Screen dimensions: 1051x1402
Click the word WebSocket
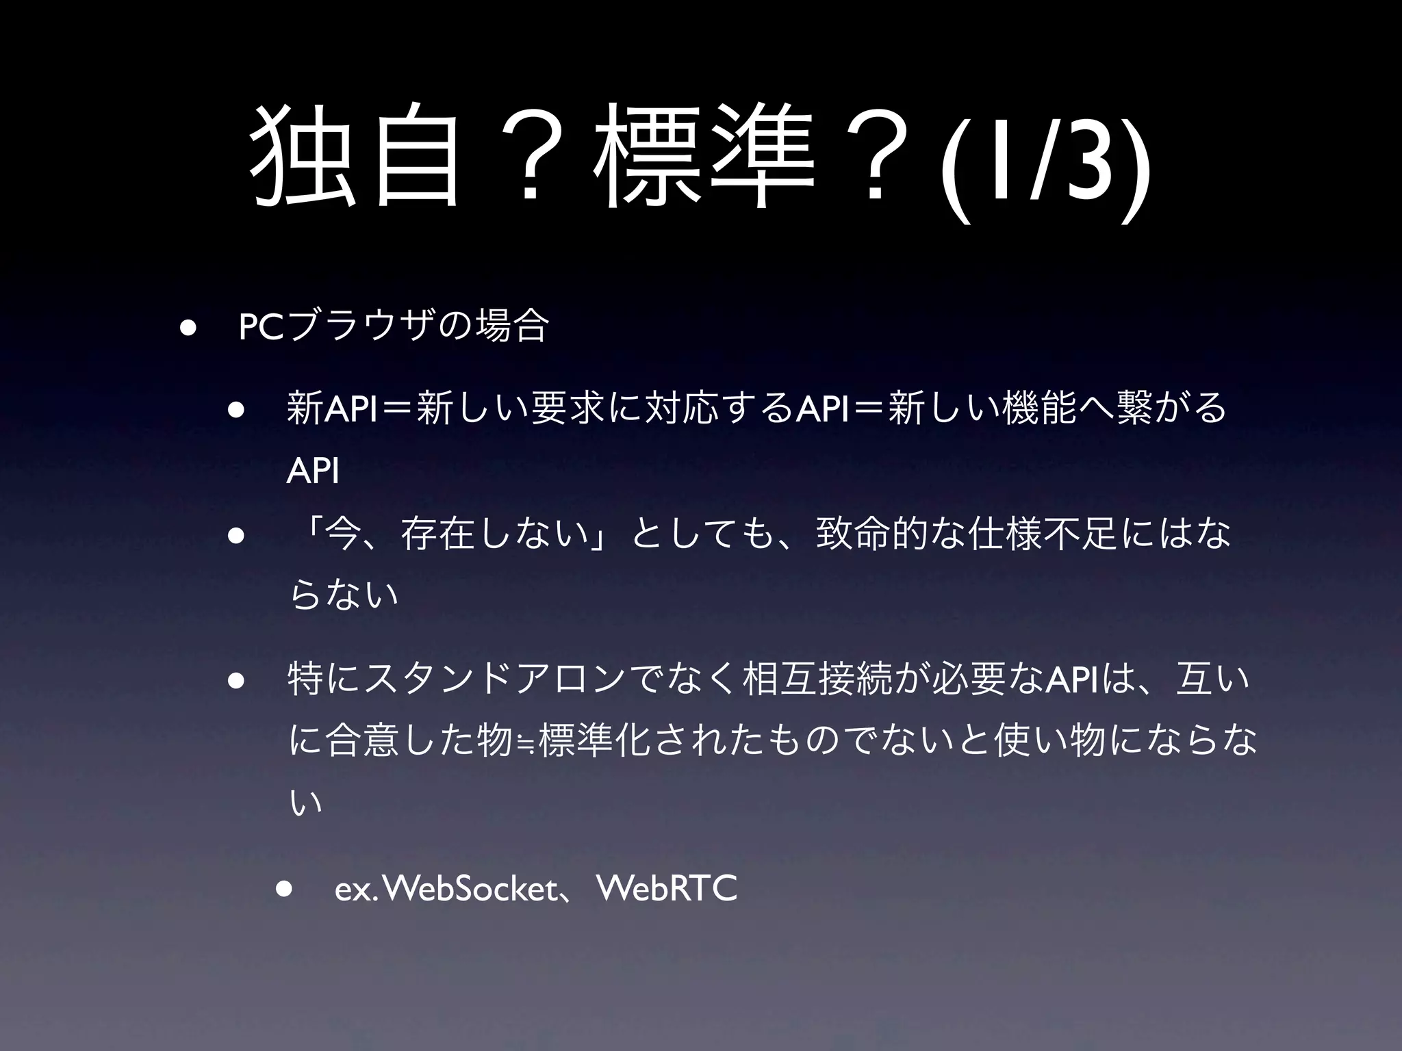[x=472, y=890]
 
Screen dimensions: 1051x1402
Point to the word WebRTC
[x=667, y=890]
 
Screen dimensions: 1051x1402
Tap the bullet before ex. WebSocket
[x=283, y=890]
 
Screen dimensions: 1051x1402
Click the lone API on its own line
[x=312, y=471]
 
